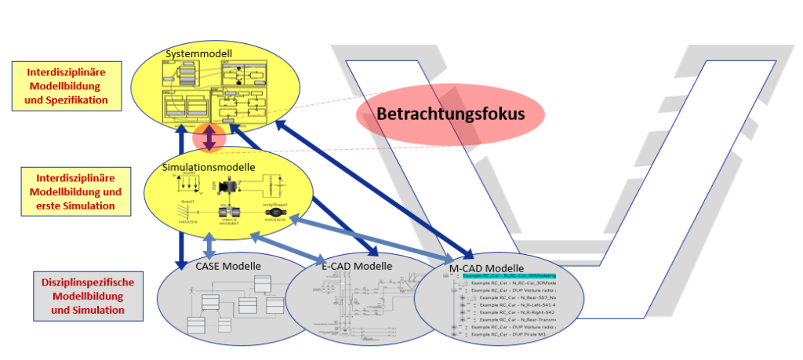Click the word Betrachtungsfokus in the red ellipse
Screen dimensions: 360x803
click(450, 113)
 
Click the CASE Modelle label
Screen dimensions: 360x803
click(228, 266)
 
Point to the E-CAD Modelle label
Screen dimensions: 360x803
click(356, 266)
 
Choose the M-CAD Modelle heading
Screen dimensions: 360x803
click(486, 268)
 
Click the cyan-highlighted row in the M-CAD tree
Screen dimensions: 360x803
click(509, 276)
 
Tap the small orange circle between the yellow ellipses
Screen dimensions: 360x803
click(209, 138)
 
